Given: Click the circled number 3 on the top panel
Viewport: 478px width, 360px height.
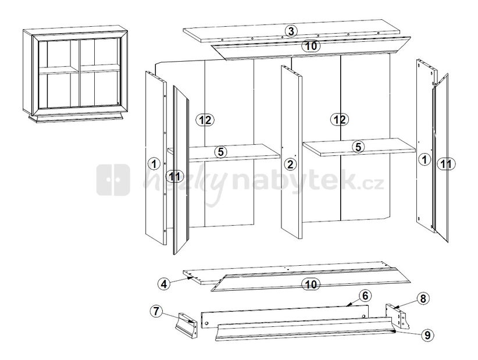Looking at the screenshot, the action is [x=291, y=31].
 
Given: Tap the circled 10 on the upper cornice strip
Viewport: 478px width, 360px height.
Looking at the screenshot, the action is [x=311, y=46].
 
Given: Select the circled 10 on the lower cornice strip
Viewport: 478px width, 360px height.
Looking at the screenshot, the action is [x=311, y=284].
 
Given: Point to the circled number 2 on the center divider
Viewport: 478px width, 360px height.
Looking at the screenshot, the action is [x=290, y=165].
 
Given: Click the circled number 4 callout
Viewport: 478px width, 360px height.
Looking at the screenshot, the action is [x=164, y=284].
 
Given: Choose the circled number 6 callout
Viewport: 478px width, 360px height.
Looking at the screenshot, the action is [x=365, y=295].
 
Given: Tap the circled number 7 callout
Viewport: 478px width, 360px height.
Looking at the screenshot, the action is [x=156, y=312].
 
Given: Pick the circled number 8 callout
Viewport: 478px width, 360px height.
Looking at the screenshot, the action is [x=423, y=299].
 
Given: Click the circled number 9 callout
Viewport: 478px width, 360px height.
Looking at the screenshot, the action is [x=427, y=335].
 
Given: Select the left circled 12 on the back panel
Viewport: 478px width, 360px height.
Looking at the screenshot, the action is [x=205, y=120].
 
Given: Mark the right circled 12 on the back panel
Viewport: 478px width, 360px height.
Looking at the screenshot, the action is [x=339, y=119].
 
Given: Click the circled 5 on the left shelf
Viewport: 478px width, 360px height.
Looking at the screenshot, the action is [x=221, y=151].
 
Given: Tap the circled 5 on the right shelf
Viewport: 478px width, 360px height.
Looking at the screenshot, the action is [x=358, y=147].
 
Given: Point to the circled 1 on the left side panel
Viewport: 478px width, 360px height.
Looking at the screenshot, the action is [x=154, y=163].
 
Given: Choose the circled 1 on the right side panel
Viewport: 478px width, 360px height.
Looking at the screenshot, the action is [x=424, y=159].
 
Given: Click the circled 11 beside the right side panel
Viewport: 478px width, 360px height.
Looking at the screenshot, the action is [x=446, y=165].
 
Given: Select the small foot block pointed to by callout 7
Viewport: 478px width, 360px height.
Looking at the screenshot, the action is [x=186, y=326].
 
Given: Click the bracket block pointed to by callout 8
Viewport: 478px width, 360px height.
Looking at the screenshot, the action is [x=398, y=316].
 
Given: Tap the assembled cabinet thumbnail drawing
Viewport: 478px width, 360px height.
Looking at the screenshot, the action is [x=75, y=74].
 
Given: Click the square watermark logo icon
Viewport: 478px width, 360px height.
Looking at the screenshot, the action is [x=113, y=180].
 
